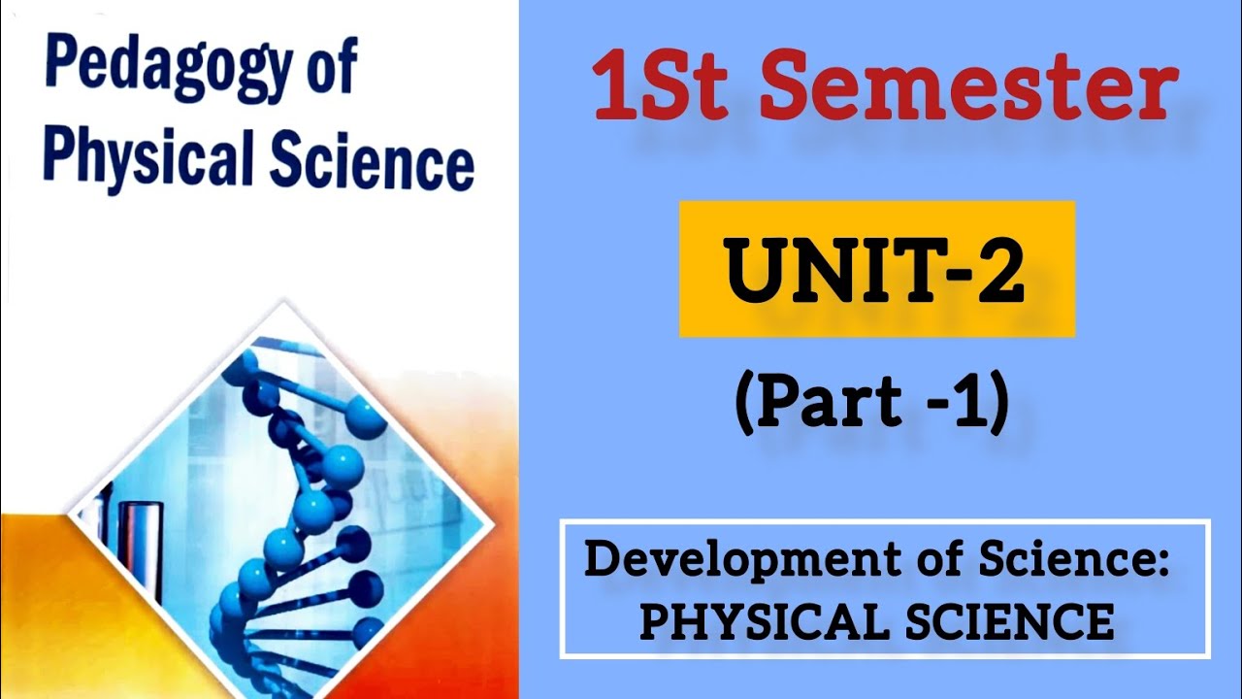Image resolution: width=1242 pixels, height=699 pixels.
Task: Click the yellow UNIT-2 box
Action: pos(876,269)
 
